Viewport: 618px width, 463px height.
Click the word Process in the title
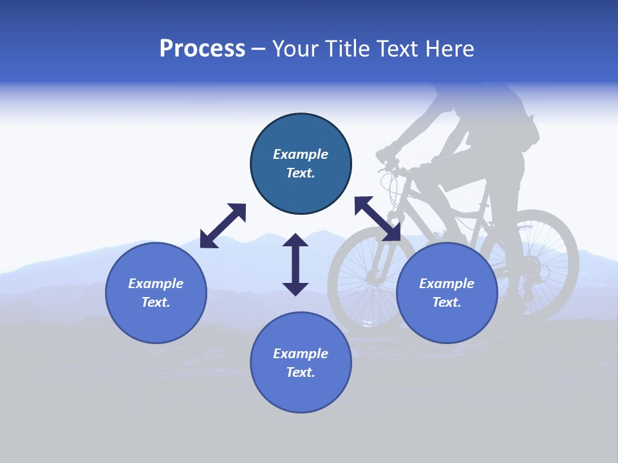pos(202,49)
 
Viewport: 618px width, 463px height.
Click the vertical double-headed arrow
pos(295,264)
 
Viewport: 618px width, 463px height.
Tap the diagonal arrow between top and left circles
pos(223,226)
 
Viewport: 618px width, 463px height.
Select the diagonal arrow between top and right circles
pos(377,219)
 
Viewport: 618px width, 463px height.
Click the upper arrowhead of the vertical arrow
pos(295,241)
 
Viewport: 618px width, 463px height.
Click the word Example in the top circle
pos(301,154)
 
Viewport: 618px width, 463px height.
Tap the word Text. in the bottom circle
pos(301,372)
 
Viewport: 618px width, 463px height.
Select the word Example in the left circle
pos(156,284)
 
